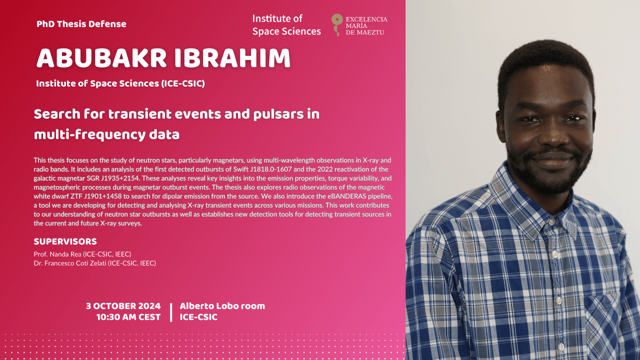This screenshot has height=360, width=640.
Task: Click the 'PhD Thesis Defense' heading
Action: click(81, 23)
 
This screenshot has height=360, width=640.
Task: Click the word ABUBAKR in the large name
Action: click(101, 58)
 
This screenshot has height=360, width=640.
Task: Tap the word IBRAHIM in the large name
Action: click(232, 58)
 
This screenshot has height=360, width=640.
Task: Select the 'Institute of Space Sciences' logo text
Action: click(286, 25)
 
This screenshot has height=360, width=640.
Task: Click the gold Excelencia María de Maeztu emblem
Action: click(337, 25)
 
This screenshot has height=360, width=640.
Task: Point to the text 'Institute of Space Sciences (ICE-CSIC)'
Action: click(120, 83)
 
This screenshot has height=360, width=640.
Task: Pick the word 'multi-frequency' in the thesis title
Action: click(89, 134)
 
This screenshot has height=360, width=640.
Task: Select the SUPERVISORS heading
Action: click(65, 241)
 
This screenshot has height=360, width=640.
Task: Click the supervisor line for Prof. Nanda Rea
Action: click(82, 254)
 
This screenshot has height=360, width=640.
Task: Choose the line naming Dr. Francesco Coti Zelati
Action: click(95, 263)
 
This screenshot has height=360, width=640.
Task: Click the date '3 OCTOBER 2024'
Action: click(123, 306)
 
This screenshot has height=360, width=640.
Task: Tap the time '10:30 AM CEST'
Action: click(128, 317)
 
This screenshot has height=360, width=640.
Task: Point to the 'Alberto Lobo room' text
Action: click(222, 306)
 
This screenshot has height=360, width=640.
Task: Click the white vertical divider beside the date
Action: click(171, 312)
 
